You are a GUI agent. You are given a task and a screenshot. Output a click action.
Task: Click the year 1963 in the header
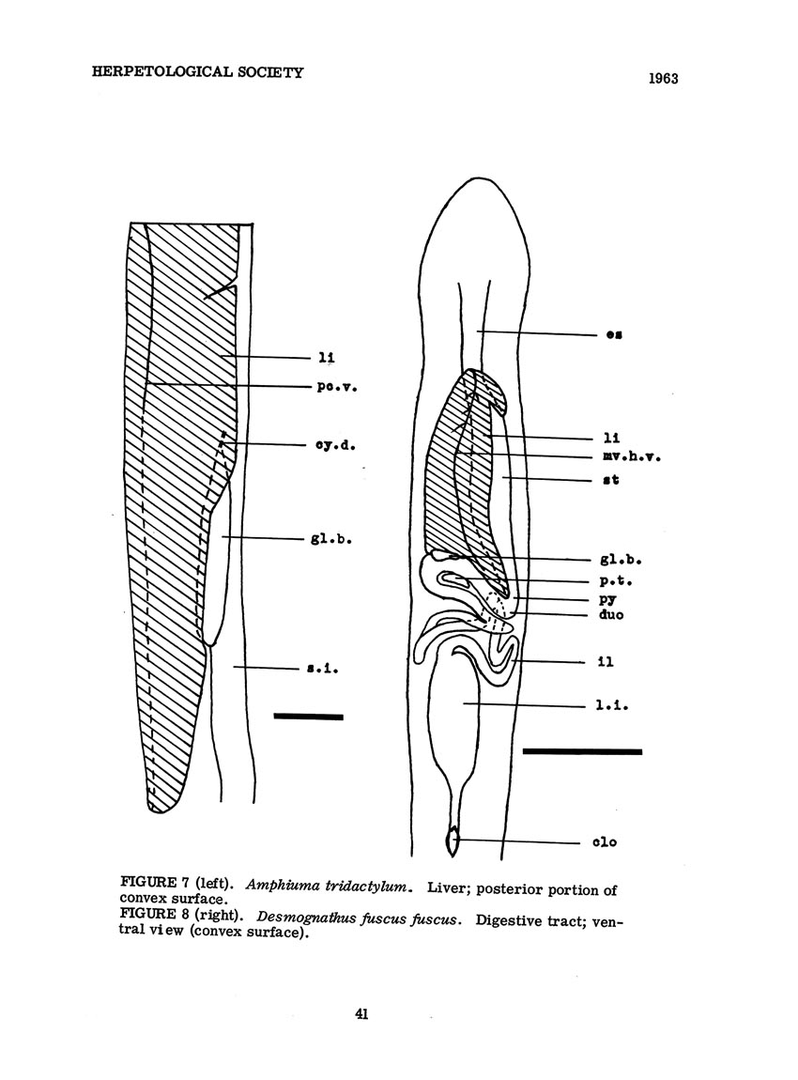pyautogui.click(x=663, y=79)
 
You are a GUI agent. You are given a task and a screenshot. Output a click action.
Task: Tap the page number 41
pyautogui.click(x=362, y=1013)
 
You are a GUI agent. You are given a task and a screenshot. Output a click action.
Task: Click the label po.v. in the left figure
pyautogui.click(x=337, y=387)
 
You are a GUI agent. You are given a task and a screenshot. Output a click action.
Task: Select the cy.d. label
pyautogui.click(x=335, y=445)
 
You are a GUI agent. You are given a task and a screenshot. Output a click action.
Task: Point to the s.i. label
pyautogui.click(x=322, y=668)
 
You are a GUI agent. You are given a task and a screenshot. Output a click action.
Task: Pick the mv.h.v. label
pyautogui.click(x=632, y=456)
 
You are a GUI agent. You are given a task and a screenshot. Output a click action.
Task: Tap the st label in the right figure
pyautogui.click(x=611, y=479)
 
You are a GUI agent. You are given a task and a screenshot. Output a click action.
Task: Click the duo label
pyautogui.click(x=611, y=613)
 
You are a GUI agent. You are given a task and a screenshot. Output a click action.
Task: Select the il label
pyautogui.click(x=606, y=662)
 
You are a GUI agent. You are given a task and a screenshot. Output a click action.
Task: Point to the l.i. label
pyautogui.click(x=612, y=705)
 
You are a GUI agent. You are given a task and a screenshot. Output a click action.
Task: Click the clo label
pyautogui.click(x=605, y=841)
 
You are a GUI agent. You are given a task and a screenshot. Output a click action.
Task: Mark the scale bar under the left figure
pyautogui.click(x=309, y=717)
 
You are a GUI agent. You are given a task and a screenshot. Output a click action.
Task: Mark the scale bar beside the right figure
pyautogui.click(x=582, y=751)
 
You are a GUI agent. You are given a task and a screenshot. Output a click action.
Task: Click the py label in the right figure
pyautogui.click(x=607, y=599)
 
